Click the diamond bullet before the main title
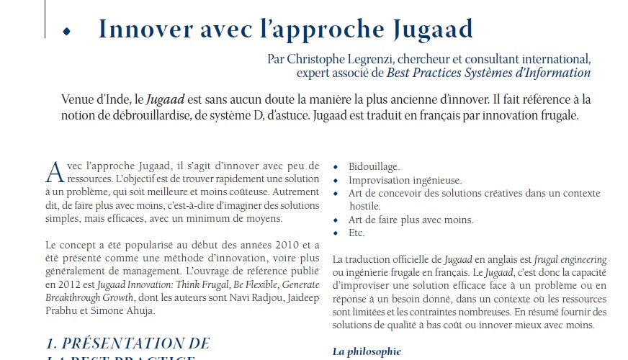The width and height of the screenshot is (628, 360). click(x=67, y=32)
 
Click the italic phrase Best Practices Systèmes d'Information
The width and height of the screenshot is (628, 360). click(x=488, y=73)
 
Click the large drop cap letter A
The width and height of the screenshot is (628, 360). click(x=53, y=172)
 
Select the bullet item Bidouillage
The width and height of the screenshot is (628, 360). click(x=374, y=167)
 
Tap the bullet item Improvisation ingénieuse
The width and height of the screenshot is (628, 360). click(x=405, y=180)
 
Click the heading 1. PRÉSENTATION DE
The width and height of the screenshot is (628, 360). click(x=127, y=343)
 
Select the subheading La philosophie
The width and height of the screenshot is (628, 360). click(x=367, y=351)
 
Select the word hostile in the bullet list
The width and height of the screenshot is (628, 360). click(x=364, y=206)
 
